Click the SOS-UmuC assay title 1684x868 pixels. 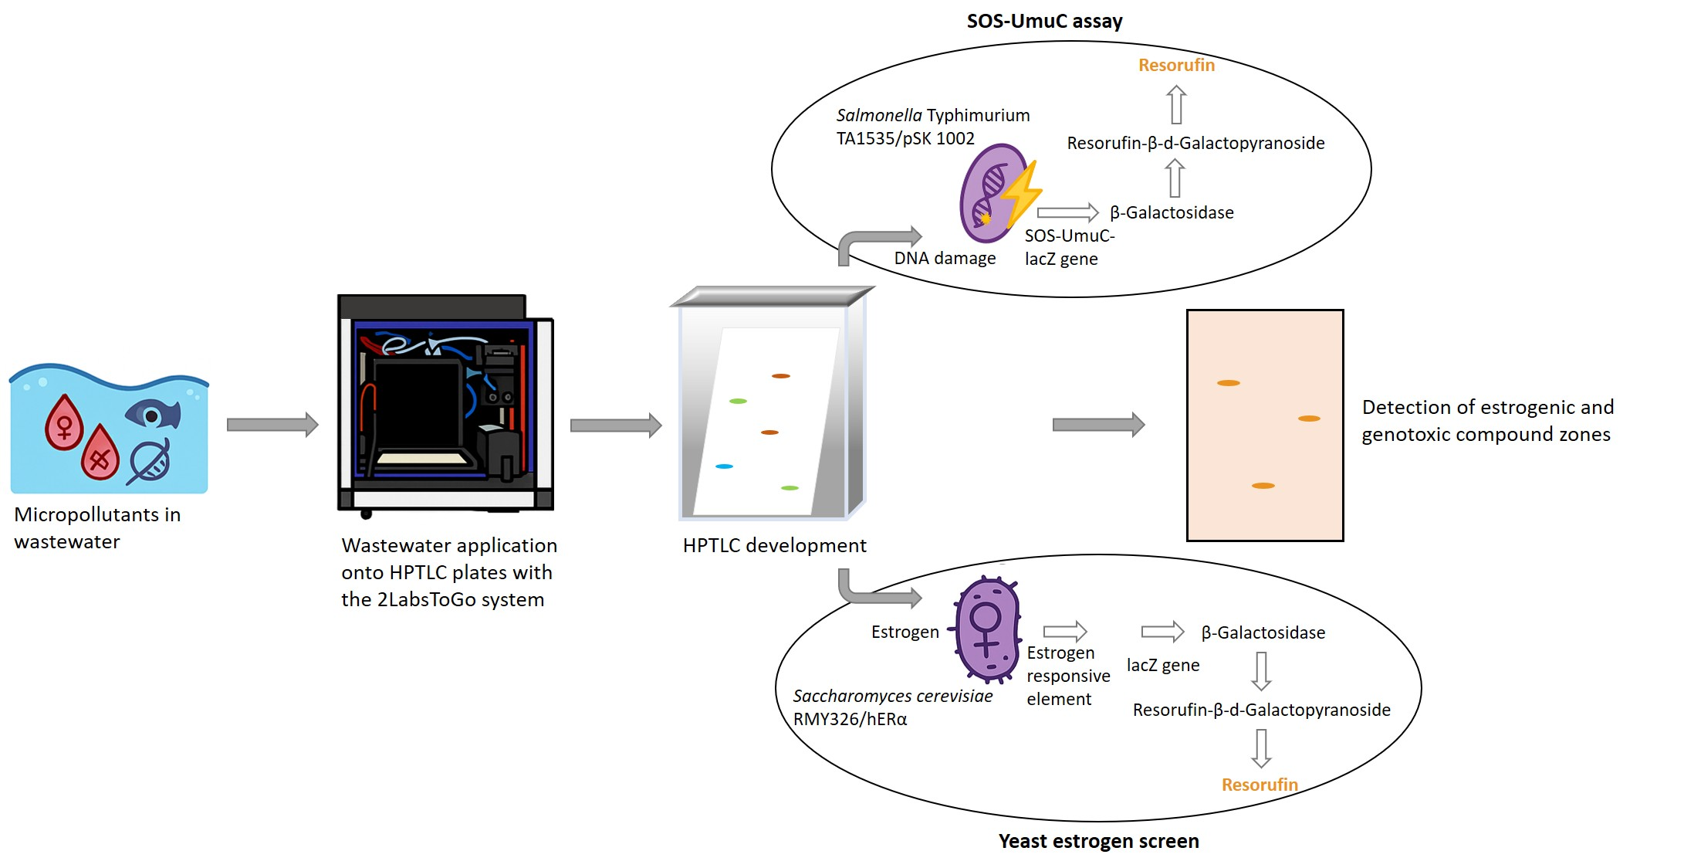click(x=1044, y=21)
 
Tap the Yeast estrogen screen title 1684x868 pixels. click(x=1098, y=841)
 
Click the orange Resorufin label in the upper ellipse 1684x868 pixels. click(x=1176, y=65)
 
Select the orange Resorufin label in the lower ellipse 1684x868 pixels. click(x=1260, y=785)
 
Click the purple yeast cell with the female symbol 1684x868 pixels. click(x=987, y=629)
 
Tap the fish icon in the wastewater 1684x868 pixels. click(x=154, y=414)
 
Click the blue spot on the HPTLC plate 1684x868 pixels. click(x=724, y=466)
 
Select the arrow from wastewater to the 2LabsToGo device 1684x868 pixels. click(x=272, y=424)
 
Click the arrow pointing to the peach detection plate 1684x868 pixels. click(x=1098, y=424)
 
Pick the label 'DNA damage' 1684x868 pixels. click(x=945, y=258)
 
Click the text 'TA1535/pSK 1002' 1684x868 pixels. click(x=905, y=138)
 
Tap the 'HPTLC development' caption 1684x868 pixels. click(x=774, y=545)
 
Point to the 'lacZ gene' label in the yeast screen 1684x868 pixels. click(x=1162, y=665)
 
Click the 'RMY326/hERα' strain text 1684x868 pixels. click(x=850, y=719)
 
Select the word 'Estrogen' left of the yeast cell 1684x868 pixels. click(x=905, y=632)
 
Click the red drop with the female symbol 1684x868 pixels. click(x=64, y=422)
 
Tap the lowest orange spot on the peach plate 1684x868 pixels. click(x=1263, y=486)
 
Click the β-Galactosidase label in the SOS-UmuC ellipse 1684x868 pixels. click(x=1172, y=212)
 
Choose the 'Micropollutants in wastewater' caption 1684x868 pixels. click(x=96, y=527)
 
